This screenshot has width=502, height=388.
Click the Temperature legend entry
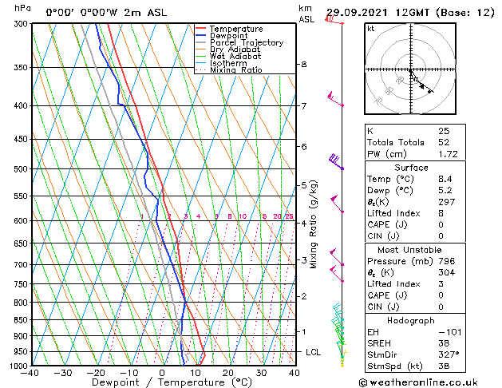pos(235,29)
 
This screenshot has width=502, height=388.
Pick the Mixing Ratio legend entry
pos(236,70)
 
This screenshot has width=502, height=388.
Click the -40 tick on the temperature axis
pos(31,373)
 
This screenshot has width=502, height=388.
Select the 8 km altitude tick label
pos(303,64)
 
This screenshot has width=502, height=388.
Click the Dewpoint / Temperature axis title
pos(161,382)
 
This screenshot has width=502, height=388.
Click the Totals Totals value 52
pos(443,141)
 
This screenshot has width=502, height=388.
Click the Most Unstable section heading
pos(406,250)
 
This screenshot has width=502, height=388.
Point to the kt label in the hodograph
pos(371,28)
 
